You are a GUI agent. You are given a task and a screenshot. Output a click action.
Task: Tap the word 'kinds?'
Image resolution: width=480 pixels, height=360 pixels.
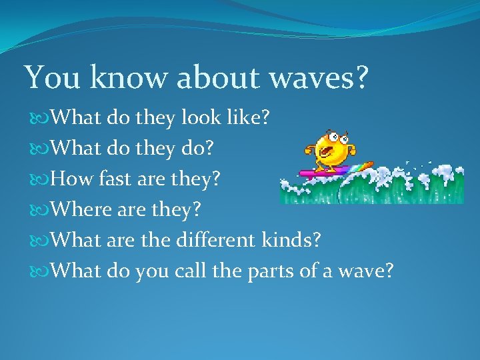(x=289, y=239)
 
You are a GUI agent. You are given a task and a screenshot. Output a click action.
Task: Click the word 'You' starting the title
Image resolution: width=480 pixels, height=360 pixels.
(x=50, y=78)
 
